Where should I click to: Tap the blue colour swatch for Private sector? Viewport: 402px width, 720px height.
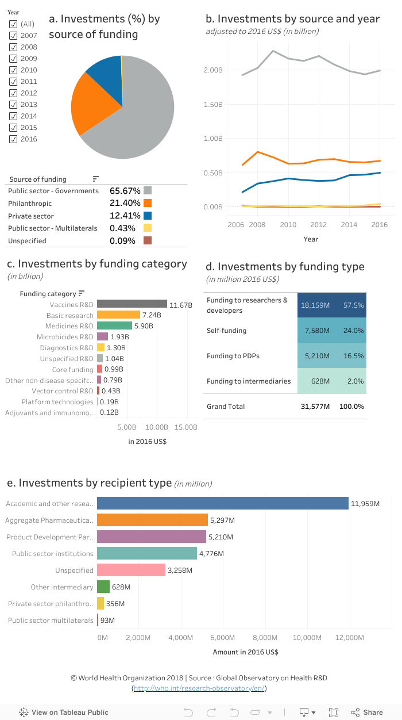[148, 216]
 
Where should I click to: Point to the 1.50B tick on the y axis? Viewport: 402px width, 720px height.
[214, 104]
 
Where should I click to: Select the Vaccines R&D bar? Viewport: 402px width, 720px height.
[132, 304]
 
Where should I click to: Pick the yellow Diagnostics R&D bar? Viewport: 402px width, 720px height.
[100, 347]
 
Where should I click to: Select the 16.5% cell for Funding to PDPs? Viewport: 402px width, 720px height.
[353, 356]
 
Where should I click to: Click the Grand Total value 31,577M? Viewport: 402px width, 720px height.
[315, 407]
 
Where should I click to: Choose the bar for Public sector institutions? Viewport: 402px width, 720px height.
[146, 553]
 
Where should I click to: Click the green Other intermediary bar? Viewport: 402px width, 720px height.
[103, 587]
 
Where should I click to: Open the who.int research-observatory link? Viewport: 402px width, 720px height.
[199, 688]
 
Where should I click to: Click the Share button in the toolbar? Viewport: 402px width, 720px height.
[367, 713]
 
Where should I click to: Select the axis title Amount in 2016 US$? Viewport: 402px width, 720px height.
[245, 652]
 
